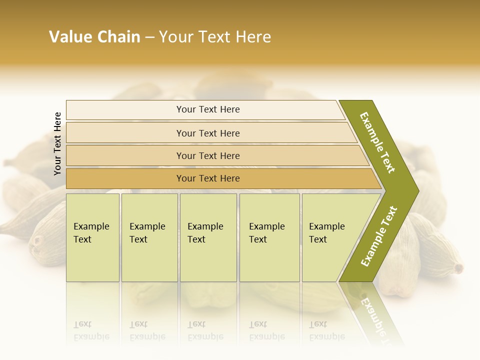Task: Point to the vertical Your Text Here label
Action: coord(57,144)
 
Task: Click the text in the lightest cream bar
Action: coord(208,109)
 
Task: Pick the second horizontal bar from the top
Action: coord(210,133)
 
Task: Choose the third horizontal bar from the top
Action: coord(215,155)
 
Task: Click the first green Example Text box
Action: coord(92,237)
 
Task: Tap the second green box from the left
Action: coord(149,237)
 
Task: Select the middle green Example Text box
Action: coord(208,237)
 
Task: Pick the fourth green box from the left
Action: coord(269,237)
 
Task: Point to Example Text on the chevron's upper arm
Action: coord(377,142)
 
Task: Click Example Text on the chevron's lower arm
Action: coord(379,236)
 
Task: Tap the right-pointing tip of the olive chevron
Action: coord(415,191)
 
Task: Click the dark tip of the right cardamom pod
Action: coord(458,268)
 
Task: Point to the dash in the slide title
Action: coord(149,37)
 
